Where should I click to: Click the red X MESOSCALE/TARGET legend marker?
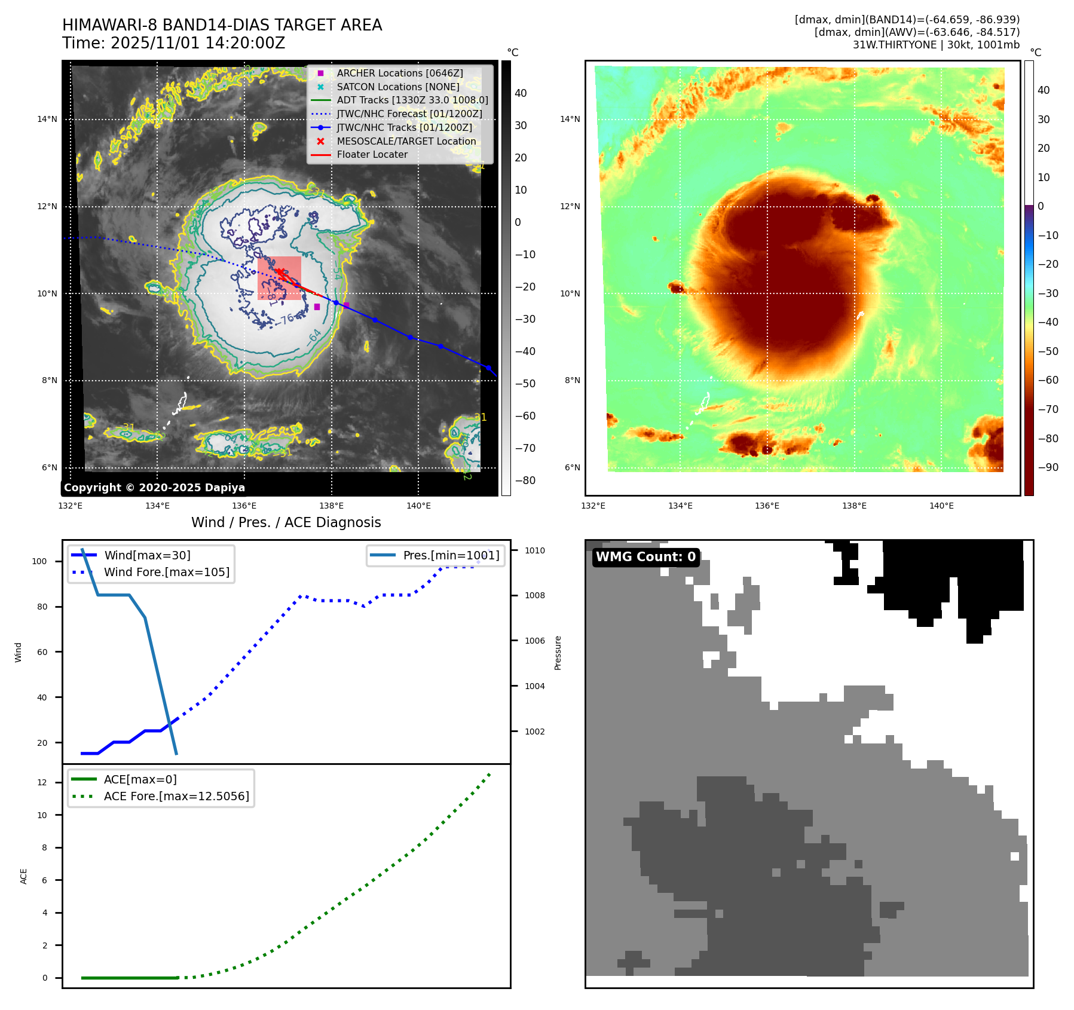[x=320, y=141]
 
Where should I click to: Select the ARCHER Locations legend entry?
[x=399, y=73]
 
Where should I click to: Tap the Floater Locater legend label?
[x=372, y=154]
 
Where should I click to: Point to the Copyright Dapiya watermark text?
[x=154, y=488]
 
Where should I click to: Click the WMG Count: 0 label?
[x=645, y=557]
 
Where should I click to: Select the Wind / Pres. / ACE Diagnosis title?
[x=286, y=522]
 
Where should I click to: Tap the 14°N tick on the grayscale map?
[x=47, y=119]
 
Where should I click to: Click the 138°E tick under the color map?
[x=854, y=506]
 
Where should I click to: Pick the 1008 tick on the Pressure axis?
[x=535, y=595]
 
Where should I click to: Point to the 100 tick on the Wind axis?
[x=39, y=561]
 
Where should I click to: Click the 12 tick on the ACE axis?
[x=42, y=782]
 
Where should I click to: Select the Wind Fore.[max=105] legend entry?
[x=166, y=572]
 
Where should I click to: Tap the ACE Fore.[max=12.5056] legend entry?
[x=176, y=796]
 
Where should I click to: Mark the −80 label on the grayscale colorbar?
[x=525, y=480]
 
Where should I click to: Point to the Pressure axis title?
[x=558, y=653]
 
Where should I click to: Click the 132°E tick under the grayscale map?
[x=71, y=506]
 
